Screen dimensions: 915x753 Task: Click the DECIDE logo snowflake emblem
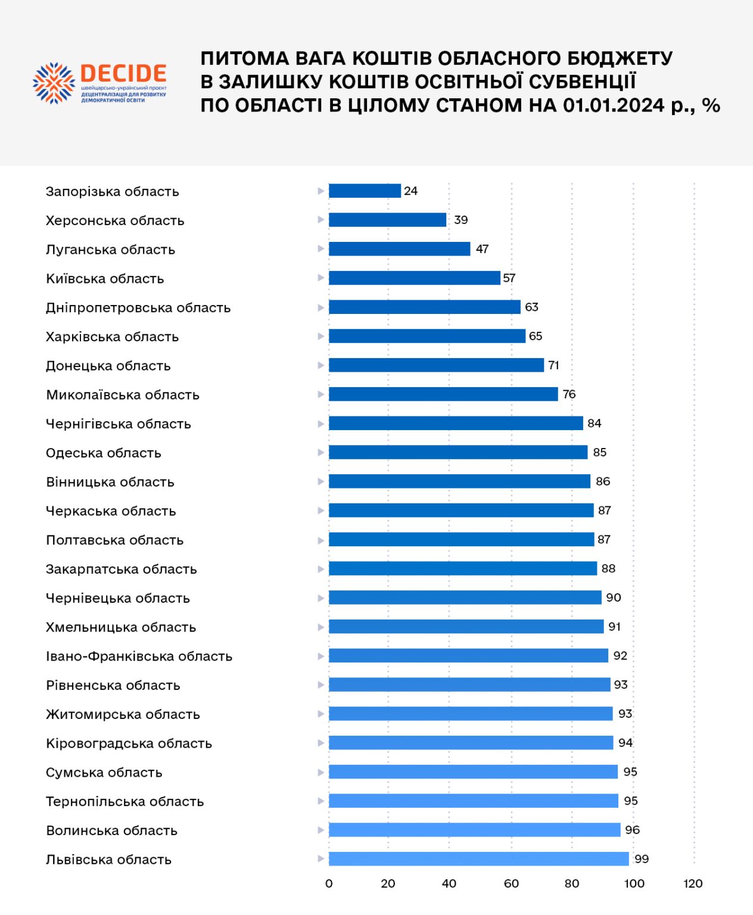coord(54,83)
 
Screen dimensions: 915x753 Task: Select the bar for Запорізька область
coord(365,191)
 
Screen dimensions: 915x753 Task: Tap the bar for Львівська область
coord(478,858)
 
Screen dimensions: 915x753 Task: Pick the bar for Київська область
coord(414,278)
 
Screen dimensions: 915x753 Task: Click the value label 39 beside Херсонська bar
coord(460,220)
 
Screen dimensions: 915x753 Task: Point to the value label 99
coord(642,858)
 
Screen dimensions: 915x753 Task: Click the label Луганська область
coord(110,250)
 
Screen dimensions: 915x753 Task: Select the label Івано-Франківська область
coord(139,656)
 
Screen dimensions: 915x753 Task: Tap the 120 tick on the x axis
coord(693,883)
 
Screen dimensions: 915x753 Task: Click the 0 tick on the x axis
coord(329,883)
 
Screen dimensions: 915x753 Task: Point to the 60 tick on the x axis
coord(511,883)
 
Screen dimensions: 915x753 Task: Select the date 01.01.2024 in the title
coord(614,105)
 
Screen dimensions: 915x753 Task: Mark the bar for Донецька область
coord(436,365)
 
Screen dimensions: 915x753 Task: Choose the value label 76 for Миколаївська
coord(569,394)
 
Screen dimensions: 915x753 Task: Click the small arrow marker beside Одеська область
coord(321,452)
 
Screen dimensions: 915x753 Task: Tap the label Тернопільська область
coord(125,801)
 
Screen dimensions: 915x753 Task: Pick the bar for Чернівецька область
coord(465,597)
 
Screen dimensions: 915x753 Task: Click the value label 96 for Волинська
coord(632,830)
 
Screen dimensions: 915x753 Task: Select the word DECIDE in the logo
coord(123,73)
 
